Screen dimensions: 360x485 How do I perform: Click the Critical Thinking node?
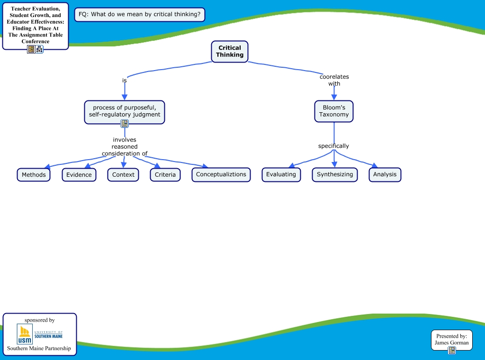coord(230,51)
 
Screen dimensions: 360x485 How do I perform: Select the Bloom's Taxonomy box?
coord(334,111)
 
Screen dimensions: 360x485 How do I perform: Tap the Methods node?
coord(34,175)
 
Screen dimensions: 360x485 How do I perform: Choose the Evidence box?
coord(79,175)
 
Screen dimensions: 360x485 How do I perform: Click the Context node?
coord(123,175)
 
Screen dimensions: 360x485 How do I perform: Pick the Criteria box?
coord(165,175)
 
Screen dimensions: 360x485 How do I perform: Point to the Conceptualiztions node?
coord(221,174)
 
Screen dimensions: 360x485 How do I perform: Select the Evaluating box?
coord(281,174)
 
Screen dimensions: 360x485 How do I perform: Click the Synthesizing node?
coord(335,174)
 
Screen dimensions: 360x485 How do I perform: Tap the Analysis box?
coord(385,174)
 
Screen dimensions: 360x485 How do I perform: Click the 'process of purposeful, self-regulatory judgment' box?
coord(125,111)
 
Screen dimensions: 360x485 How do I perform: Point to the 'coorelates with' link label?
coord(334,80)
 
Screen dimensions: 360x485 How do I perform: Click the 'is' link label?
coord(125,81)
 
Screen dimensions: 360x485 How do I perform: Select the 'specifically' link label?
coord(333,146)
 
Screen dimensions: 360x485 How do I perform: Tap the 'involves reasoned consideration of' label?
coord(125,146)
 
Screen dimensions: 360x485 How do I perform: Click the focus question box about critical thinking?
coord(140,14)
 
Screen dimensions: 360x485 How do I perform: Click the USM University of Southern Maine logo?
coord(40,334)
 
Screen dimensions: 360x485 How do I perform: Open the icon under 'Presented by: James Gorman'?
coord(452,351)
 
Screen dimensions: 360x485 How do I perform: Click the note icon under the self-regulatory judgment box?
coord(125,124)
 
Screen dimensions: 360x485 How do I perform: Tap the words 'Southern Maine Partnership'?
coord(39,349)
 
